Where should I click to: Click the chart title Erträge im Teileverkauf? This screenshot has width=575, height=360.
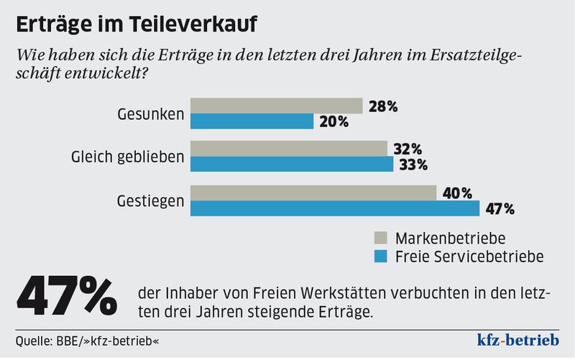(137, 24)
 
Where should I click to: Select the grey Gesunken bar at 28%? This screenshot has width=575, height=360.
(276, 106)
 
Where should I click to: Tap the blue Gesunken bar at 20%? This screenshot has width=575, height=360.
(252, 121)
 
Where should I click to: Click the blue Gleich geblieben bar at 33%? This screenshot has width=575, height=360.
(291, 165)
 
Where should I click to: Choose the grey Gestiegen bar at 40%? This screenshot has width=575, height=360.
(313, 193)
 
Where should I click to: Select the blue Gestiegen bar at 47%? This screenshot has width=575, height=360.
(334, 208)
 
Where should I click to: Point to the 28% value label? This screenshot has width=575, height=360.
(382, 106)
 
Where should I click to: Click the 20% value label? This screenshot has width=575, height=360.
(333, 121)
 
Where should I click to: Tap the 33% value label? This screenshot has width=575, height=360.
(413, 165)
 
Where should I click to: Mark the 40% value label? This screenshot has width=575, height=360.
(456, 193)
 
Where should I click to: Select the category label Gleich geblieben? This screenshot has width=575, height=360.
(128, 157)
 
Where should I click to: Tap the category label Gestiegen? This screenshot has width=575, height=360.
(150, 200)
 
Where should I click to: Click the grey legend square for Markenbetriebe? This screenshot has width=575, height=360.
(382, 238)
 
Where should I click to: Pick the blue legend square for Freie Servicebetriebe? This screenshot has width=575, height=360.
(382, 255)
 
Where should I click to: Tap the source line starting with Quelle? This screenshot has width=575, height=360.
(87, 339)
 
